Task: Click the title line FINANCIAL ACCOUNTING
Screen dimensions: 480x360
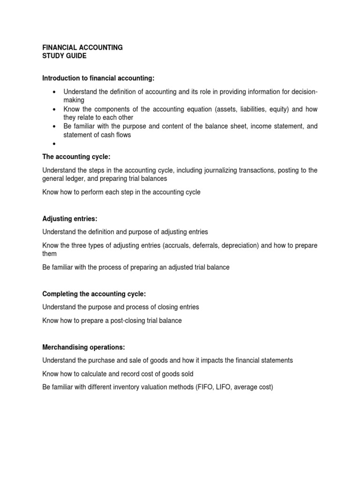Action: click(82, 48)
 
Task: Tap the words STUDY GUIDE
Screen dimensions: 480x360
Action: click(64, 56)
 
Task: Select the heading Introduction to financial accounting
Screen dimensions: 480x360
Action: click(98, 77)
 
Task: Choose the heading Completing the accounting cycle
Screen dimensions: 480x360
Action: click(94, 294)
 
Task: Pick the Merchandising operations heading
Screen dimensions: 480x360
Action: click(84, 347)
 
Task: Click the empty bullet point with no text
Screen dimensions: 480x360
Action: click(55, 144)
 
